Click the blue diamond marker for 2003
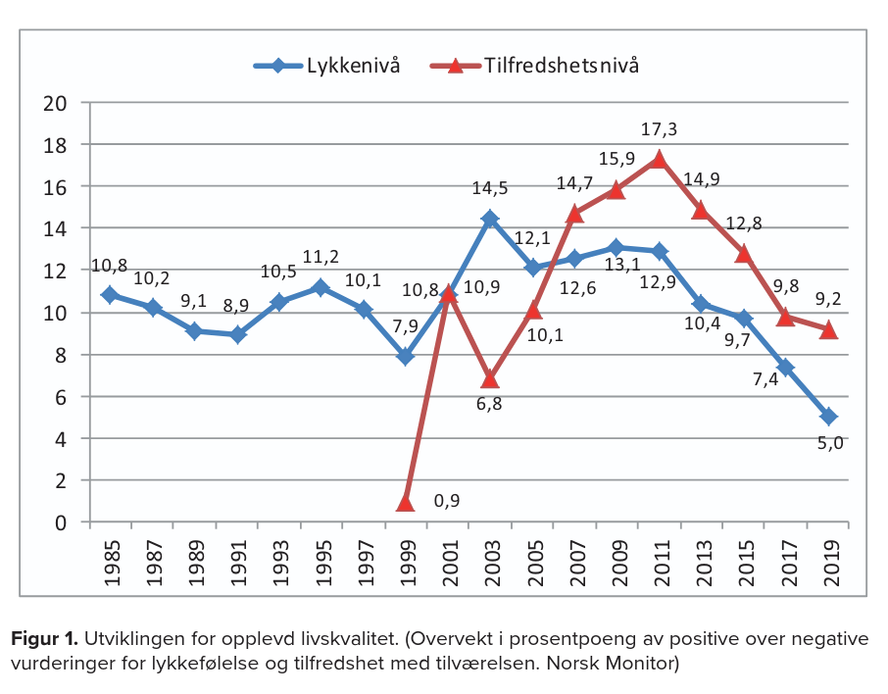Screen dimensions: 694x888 point(490,219)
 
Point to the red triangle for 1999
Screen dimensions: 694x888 point(406,503)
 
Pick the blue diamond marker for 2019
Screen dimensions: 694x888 point(828,418)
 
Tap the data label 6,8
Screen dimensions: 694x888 point(490,404)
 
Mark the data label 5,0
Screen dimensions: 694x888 point(828,443)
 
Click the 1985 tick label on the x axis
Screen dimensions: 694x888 point(111,559)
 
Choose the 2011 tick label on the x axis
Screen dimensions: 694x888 point(660,559)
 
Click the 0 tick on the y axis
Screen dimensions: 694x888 point(63,522)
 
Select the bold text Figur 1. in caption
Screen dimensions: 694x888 point(45,640)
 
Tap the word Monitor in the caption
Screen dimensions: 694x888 point(640,664)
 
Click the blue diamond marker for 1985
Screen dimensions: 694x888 point(110,295)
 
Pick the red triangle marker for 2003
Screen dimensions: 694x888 point(490,378)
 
